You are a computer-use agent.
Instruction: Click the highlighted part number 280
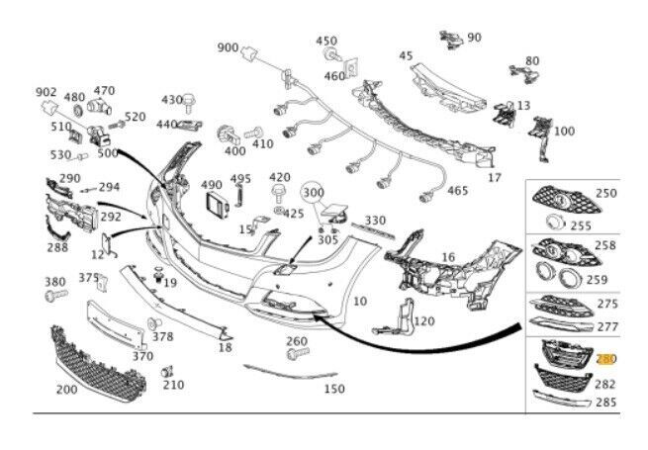click(606, 359)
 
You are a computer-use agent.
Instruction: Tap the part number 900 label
click(228, 47)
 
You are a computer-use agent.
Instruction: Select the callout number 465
click(458, 191)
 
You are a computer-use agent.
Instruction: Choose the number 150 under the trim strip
click(333, 389)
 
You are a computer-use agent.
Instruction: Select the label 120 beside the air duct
click(423, 321)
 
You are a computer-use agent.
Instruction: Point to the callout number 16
click(448, 257)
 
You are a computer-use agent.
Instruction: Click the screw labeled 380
click(54, 295)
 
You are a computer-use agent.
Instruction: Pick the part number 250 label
click(606, 194)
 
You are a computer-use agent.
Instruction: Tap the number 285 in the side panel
click(606, 403)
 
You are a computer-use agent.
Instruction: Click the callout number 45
click(406, 56)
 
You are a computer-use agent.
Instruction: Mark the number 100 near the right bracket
click(563, 131)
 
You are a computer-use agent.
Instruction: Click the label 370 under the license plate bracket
click(142, 356)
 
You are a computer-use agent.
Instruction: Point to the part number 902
click(46, 92)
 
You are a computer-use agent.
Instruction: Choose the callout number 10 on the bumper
click(359, 301)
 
